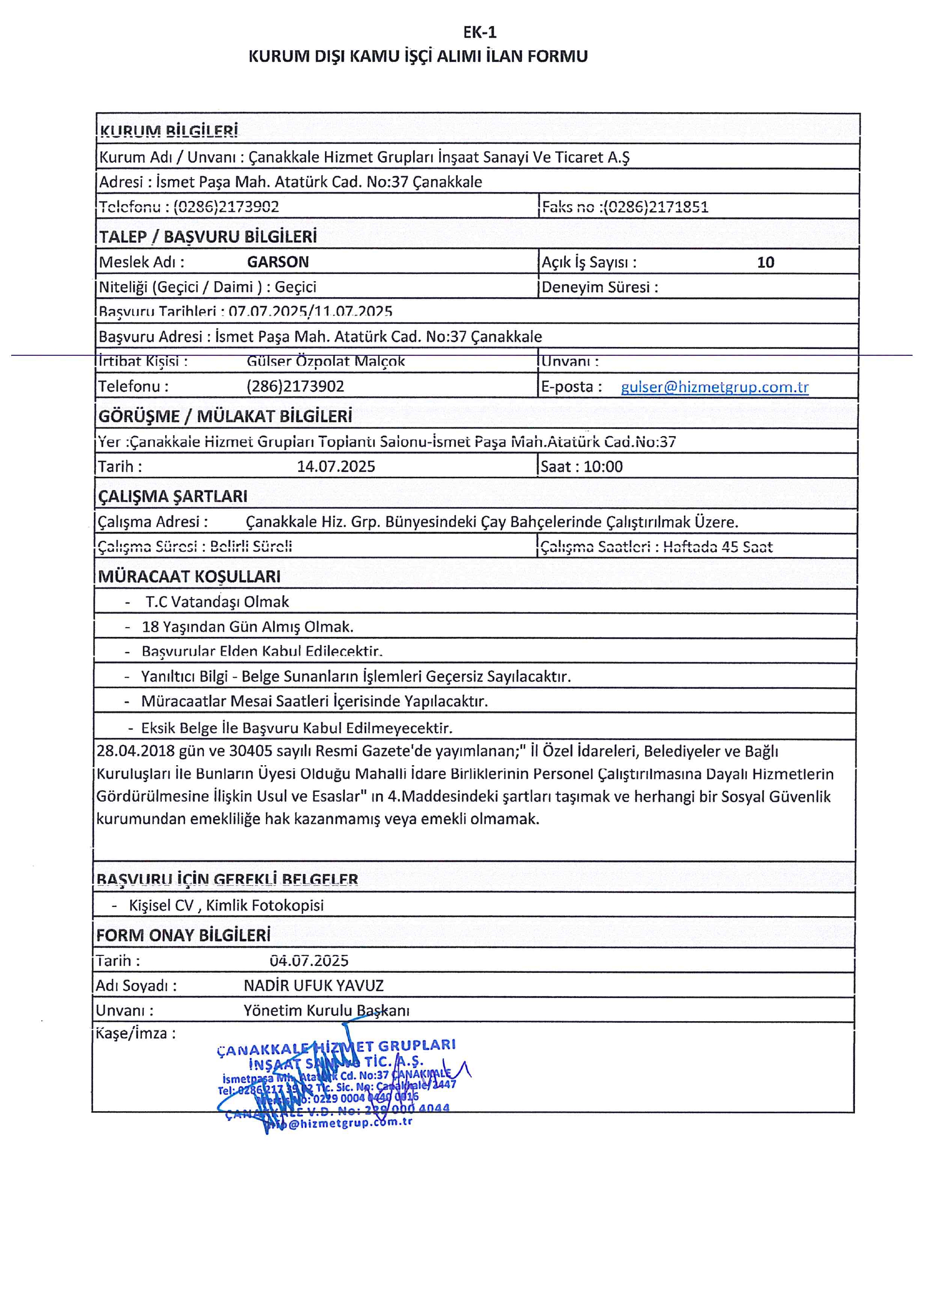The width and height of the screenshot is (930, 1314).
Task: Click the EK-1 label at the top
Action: point(480,32)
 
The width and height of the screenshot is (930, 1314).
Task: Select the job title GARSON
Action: point(278,262)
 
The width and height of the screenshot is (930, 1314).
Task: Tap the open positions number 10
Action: point(765,263)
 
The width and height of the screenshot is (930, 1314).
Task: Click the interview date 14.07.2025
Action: point(336,467)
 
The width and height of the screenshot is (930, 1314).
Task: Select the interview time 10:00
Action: point(603,467)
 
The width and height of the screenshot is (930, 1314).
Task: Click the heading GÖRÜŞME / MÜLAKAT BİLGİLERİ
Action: point(225,416)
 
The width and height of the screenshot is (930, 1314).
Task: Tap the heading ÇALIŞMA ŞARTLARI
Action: point(172,496)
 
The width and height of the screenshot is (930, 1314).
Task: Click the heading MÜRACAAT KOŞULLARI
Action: point(189,576)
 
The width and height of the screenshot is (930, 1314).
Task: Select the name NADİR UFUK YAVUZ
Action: point(313,985)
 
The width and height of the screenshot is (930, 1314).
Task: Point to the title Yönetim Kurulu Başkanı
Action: point(326,1011)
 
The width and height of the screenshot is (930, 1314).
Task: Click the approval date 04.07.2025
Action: point(309,960)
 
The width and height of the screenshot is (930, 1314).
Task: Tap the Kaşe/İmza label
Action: point(135,1034)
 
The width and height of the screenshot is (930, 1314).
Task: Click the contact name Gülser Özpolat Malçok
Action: point(325,362)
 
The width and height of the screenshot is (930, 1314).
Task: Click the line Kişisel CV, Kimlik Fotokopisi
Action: point(226,906)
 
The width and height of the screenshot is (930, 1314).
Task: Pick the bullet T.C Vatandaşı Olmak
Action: point(217,602)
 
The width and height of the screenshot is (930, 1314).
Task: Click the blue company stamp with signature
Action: point(338,1084)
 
